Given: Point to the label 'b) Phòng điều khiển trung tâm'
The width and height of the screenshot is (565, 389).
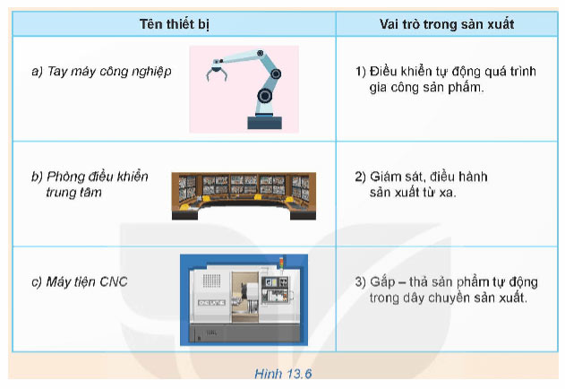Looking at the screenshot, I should tap(89, 183).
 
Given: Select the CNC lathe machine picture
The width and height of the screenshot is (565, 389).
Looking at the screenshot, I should tap(244, 298).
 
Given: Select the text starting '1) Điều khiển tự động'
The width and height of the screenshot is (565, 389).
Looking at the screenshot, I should tap(438, 79).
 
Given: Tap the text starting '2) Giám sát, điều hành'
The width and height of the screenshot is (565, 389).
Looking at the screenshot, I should tap(421, 184).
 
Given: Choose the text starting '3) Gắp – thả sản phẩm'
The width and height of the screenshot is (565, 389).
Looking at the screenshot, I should tap(448, 290).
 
